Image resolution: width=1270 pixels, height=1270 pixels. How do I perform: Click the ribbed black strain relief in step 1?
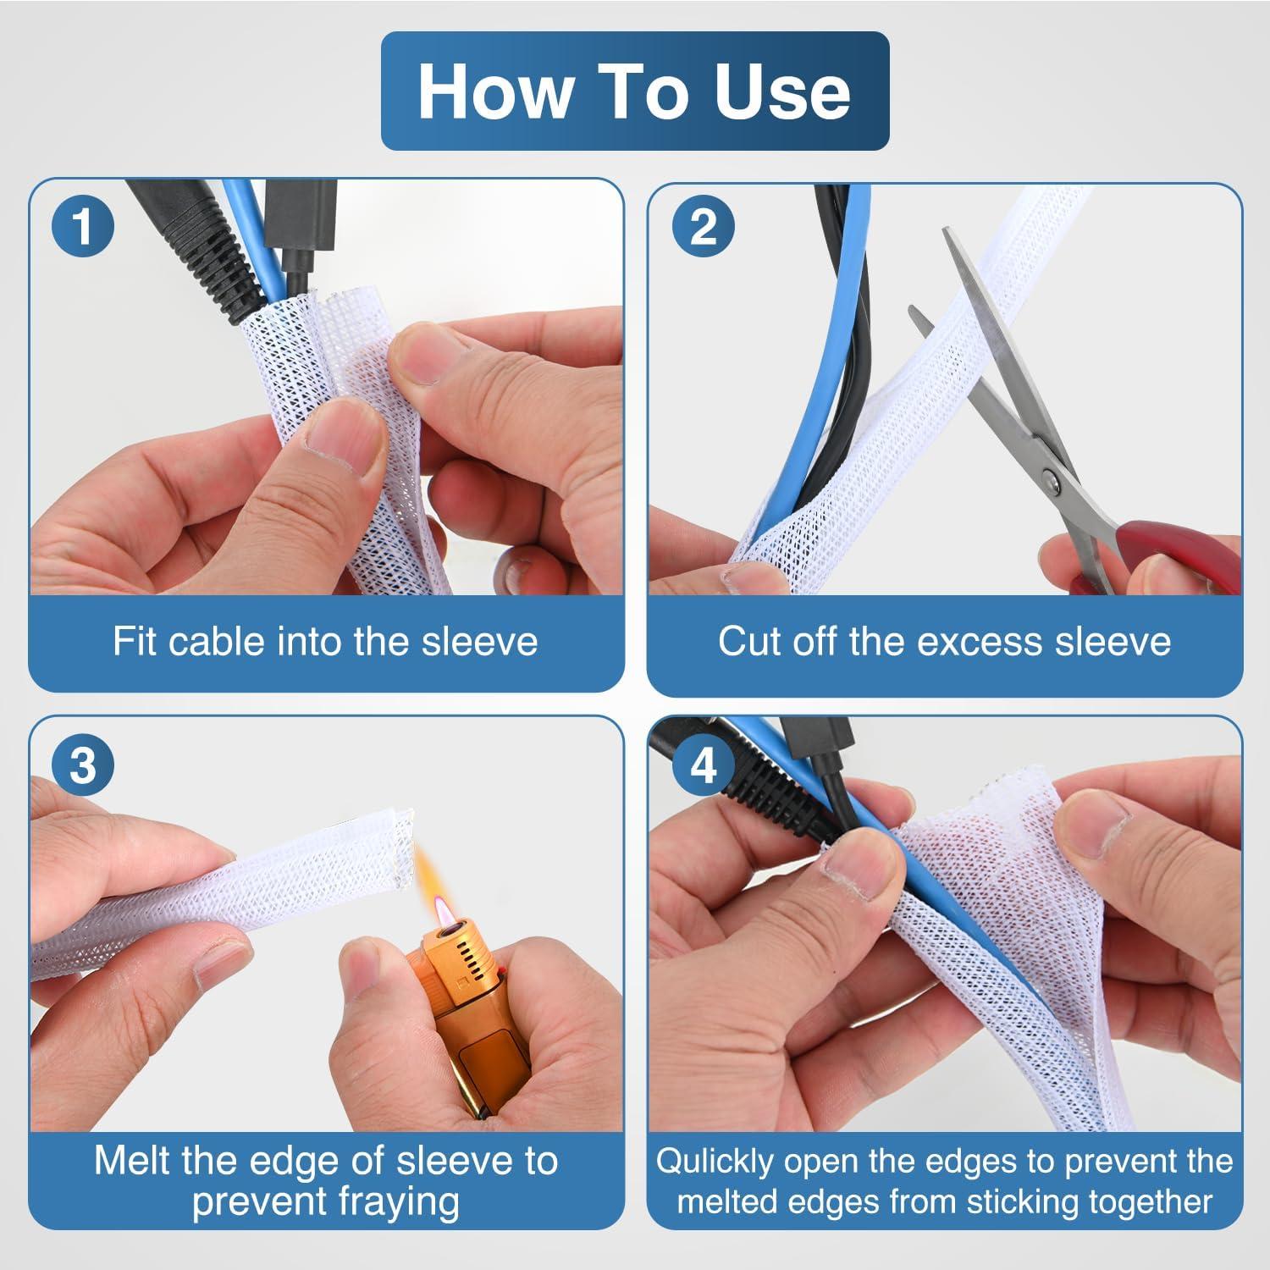tap(203, 262)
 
